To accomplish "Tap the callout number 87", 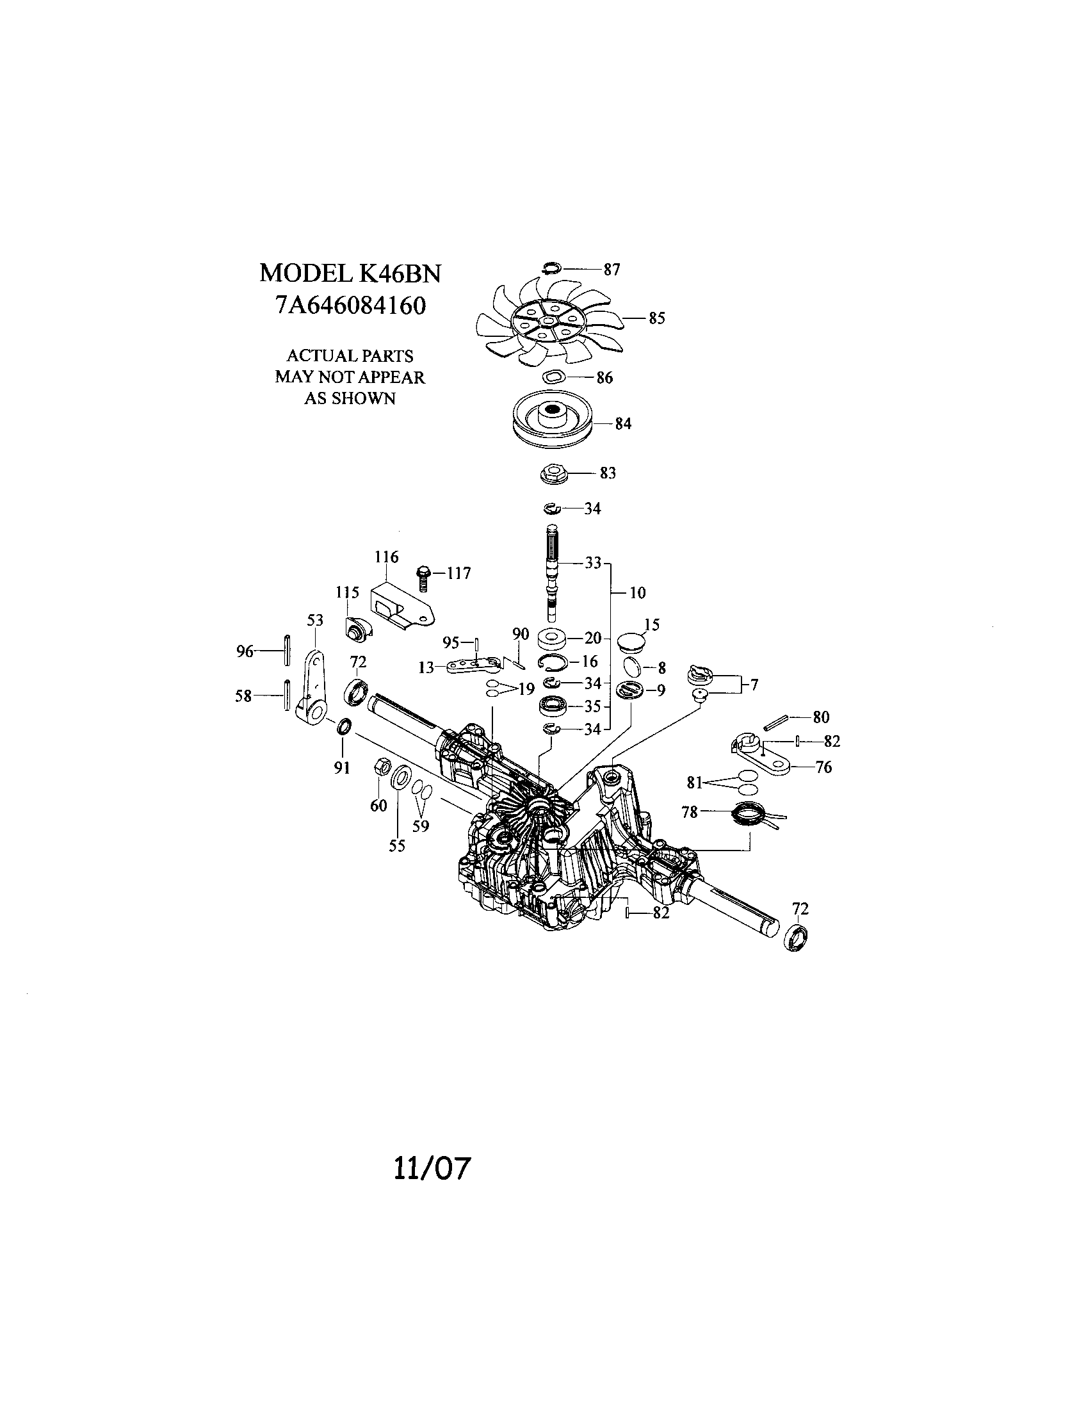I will (612, 270).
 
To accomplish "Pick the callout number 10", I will (636, 592).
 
